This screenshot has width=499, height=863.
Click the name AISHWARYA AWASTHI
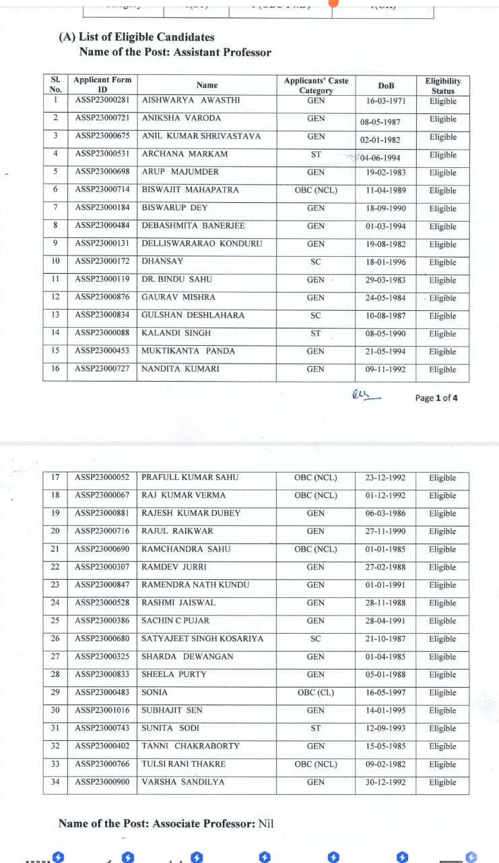tap(191, 100)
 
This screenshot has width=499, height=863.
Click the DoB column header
tap(386, 86)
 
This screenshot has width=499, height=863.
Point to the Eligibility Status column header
tap(442, 86)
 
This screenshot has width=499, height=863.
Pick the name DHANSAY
tap(162, 261)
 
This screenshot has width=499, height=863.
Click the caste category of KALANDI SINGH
tap(316, 333)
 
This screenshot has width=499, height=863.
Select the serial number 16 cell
tap(55, 369)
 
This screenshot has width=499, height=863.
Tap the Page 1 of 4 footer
tap(436, 398)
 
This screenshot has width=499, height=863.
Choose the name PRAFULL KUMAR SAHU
tap(190, 477)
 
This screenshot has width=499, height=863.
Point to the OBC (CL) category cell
tap(316, 692)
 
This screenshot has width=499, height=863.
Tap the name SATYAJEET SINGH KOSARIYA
tap(203, 638)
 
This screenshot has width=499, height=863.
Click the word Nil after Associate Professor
tap(266, 823)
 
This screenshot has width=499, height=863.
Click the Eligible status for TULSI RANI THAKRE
tap(442, 765)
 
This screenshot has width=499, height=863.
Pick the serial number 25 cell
tap(55, 620)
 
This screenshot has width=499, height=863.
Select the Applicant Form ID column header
tap(102, 84)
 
